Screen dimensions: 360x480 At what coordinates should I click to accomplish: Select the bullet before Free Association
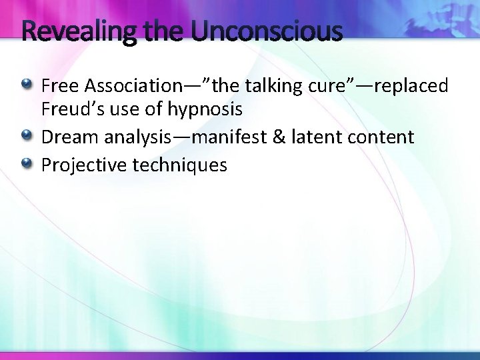27,85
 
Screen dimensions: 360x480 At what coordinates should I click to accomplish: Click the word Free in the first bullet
60,85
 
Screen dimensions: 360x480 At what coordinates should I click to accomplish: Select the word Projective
84,165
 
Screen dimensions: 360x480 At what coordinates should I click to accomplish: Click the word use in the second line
118,108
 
